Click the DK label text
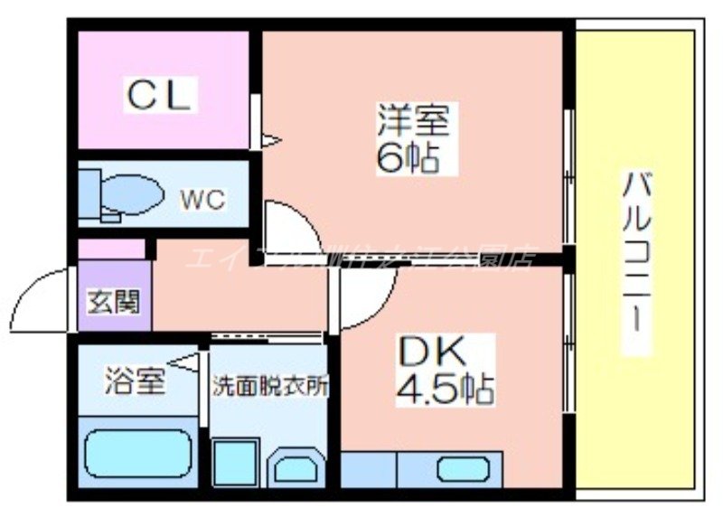click(432, 351)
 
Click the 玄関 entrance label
click(113, 301)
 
